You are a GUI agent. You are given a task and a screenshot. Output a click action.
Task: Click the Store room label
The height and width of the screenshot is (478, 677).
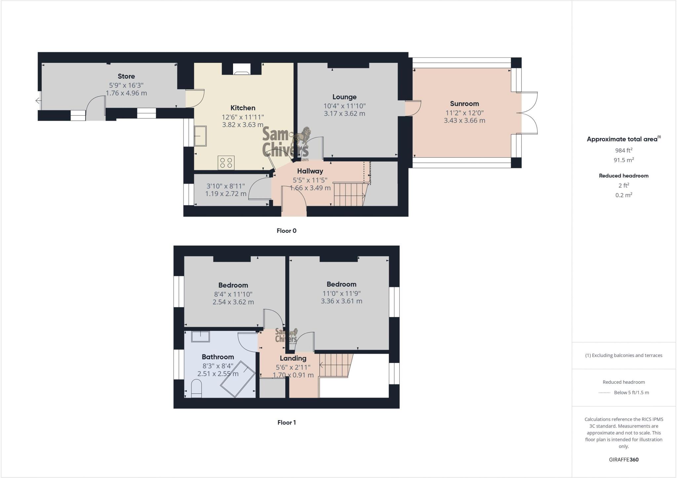click(x=126, y=76)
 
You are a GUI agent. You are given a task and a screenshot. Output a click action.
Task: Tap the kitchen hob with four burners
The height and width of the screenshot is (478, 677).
click(x=226, y=163)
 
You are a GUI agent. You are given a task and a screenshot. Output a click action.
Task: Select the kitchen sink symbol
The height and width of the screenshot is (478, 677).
click(x=200, y=136)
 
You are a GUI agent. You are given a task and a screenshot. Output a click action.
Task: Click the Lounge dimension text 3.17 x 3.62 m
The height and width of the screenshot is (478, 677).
click(x=344, y=114)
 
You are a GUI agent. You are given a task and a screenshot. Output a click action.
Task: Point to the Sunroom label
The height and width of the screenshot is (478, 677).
click(x=464, y=104)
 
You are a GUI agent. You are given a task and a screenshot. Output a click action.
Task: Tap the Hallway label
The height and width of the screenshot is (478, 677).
click(x=310, y=171)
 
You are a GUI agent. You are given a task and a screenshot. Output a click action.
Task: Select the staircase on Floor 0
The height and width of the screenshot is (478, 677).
click(x=350, y=194)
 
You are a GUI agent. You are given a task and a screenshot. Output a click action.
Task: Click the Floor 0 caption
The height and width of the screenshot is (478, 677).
click(x=286, y=231)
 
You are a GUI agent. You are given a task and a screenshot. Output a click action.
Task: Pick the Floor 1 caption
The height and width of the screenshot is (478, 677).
click(x=286, y=422)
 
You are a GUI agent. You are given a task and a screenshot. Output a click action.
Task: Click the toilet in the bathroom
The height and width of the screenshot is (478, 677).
click(x=196, y=388)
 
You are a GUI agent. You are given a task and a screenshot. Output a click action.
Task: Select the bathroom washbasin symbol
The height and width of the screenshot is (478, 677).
click(x=200, y=337)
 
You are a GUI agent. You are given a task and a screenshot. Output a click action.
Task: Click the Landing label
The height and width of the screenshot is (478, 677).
click(x=293, y=358)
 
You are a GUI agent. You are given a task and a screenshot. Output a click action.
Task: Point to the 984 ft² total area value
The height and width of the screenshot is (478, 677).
click(x=623, y=150)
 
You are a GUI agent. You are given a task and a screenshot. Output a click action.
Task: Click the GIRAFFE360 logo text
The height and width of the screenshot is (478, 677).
click(x=623, y=459)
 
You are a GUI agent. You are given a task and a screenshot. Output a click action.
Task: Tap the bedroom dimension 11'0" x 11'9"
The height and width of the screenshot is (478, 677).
click(x=341, y=293)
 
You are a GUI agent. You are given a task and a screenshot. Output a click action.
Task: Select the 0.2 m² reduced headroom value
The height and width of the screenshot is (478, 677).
click(x=623, y=195)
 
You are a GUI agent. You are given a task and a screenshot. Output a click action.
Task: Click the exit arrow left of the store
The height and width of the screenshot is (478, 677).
click(x=38, y=101)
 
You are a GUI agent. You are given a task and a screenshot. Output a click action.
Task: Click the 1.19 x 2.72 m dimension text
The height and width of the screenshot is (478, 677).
click(x=225, y=194)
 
